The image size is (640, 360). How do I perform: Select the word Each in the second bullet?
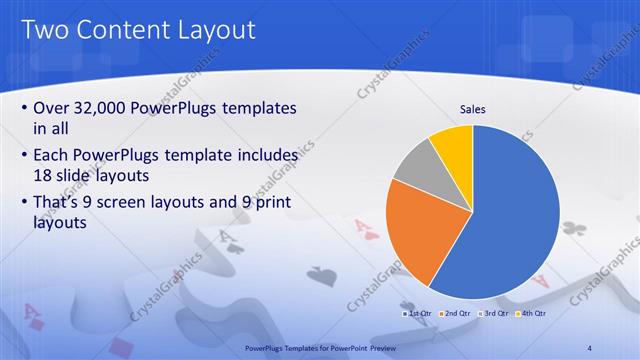[53, 156]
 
